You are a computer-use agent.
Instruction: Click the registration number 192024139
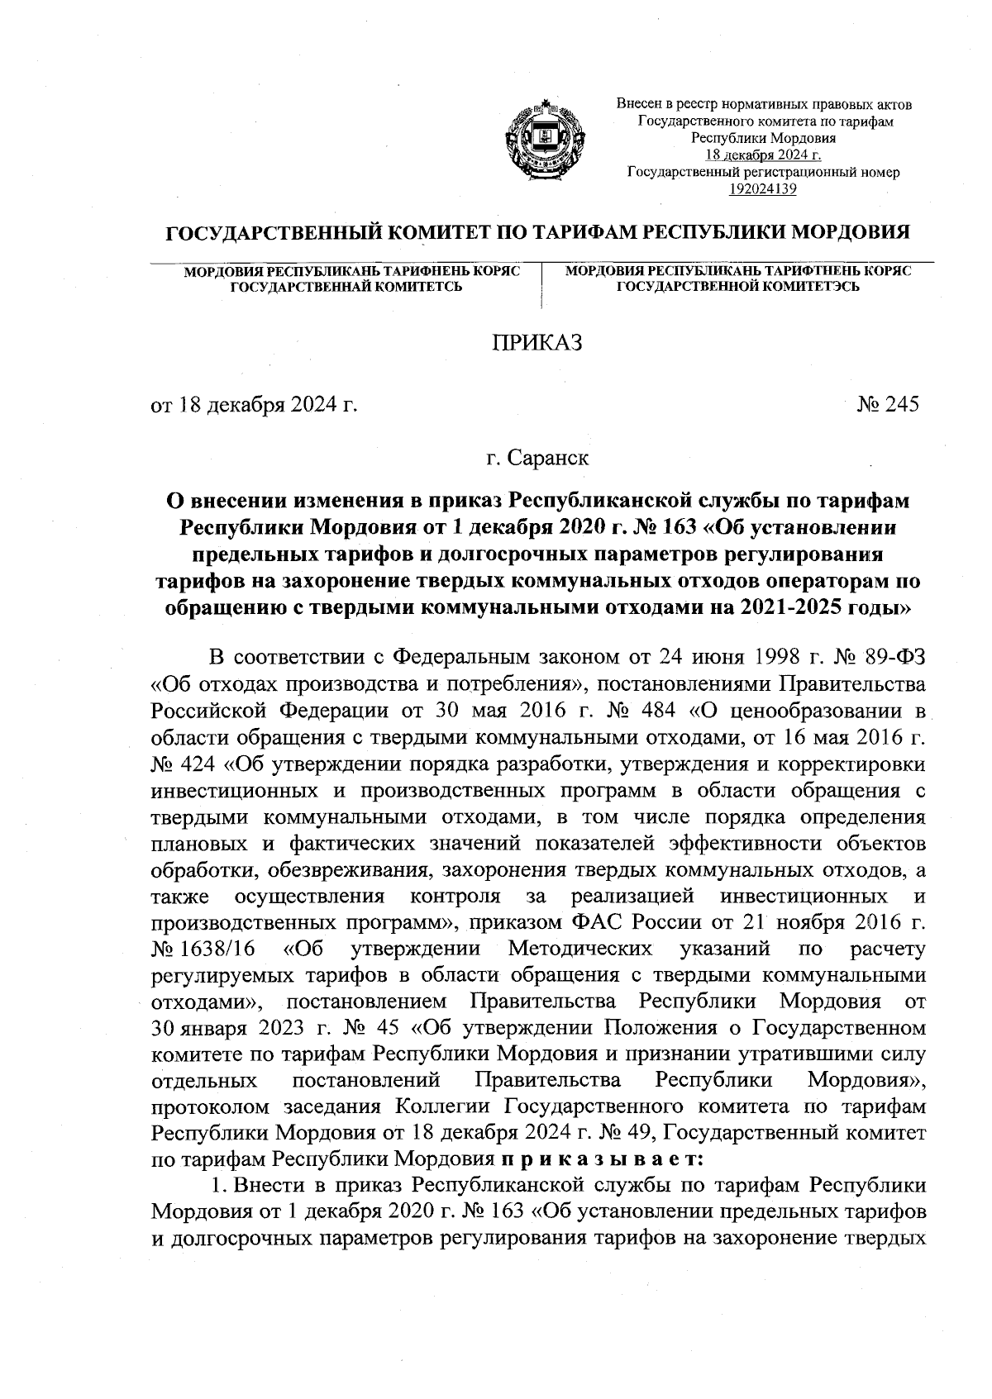762,190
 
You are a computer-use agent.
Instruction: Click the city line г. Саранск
538,457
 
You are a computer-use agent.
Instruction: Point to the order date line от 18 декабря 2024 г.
253,405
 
